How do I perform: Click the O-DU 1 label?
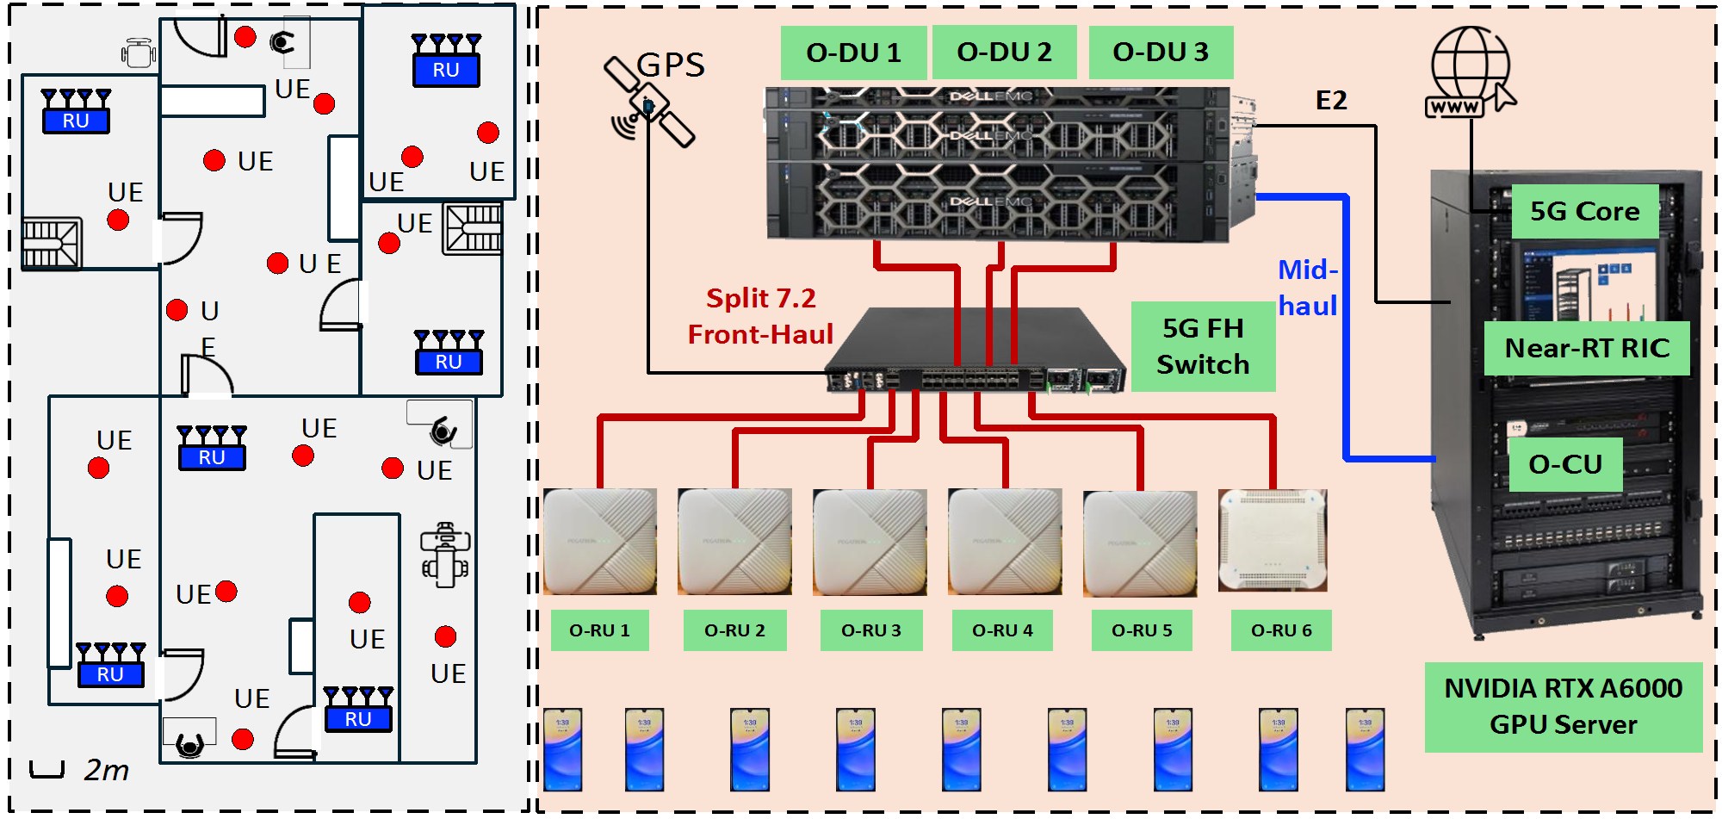coord(853,53)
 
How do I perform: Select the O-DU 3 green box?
coord(1161,52)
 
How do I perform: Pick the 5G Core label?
coord(1584,211)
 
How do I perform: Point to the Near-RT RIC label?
coord(1587,348)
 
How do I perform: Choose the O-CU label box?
coord(1565,464)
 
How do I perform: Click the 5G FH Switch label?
coord(1203,346)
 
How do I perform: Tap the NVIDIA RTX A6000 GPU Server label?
coord(1563,706)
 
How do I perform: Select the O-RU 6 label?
coord(1281,630)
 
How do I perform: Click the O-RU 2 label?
coord(734,630)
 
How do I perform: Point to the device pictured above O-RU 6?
coord(1273,540)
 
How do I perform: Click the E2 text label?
coord(1331,101)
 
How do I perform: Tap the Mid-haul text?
coord(1308,288)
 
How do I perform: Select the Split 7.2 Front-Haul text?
coord(760,316)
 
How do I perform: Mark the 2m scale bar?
coord(47,769)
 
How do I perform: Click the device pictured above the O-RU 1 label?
coord(600,541)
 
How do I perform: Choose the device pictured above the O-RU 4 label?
coord(1004,541)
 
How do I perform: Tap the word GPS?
coord(671,65)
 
